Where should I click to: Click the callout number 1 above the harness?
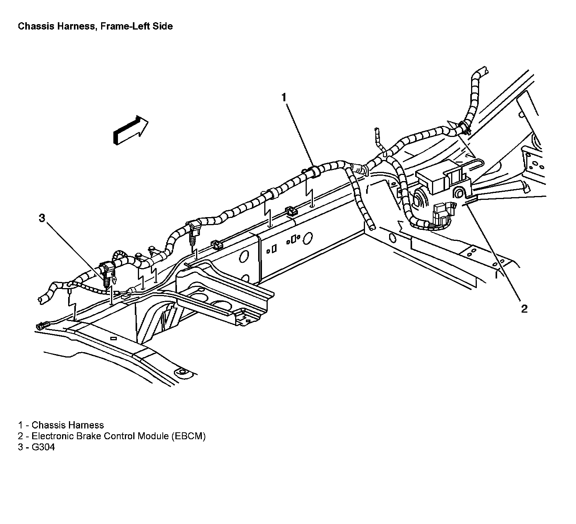[x=284, y=98]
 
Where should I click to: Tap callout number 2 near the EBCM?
[x=524, y=308]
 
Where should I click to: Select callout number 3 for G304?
[x=42, y=218]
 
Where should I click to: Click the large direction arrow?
[x=131, y=131]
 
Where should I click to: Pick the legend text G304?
[x=43, y=447]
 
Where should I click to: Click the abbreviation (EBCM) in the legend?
[x=188, y=436]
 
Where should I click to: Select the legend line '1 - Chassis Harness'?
[x=61, y=425]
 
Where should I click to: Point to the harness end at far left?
[x=41, y=298]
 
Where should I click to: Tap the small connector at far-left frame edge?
[x=41, y=326]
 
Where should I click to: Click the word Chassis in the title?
[x=36, y=26]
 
